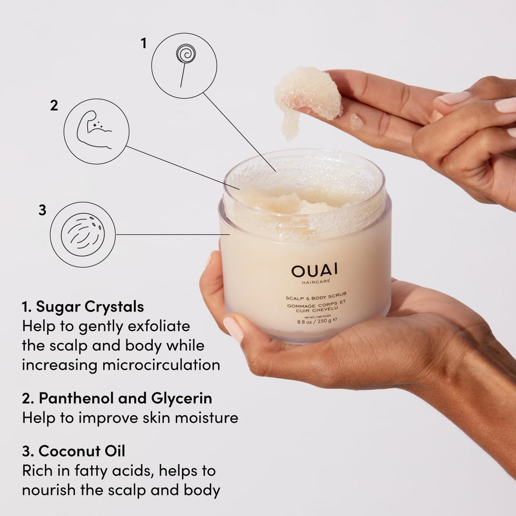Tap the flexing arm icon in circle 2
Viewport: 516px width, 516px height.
pyautogui.click(x=95, y=131)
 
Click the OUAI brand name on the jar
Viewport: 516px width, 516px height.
pyautogui.click(x=312, y=271)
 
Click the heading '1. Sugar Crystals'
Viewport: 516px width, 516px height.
pyautogui.click(x=83, y=306)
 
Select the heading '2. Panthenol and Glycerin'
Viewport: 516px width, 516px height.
pyautogui.click(x=116, y=398)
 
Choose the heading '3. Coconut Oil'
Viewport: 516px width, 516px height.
pyautogui.click(x=74, y=450)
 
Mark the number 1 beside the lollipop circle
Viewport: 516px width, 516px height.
pyautogui.click(x=143, y=43)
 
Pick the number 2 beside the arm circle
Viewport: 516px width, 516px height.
pyautogui.click(x=54, y=106)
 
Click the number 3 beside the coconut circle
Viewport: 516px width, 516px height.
pyautogui.click(x=42, y=210)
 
